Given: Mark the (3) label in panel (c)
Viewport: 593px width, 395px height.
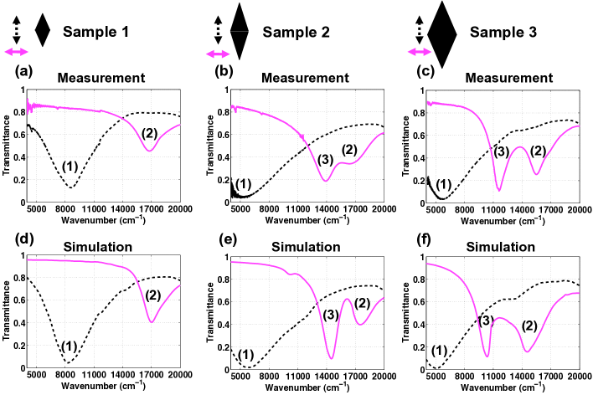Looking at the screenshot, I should tap(500, 151).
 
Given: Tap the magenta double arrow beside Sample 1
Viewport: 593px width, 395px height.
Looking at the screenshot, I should tap(16, 52).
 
